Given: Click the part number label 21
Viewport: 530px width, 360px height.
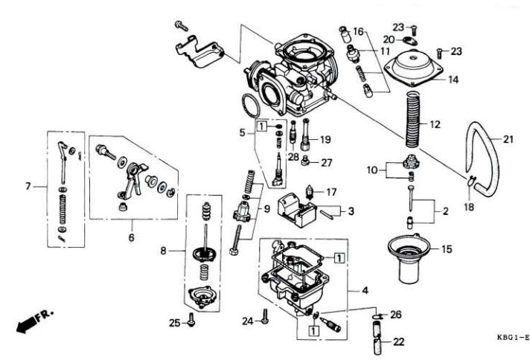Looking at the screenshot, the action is (508, 139).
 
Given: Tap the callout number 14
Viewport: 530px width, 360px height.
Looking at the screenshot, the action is (453, 80).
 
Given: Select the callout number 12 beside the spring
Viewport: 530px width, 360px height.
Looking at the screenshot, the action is (435, 125).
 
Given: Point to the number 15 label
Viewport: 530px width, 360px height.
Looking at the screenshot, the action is (447, 249).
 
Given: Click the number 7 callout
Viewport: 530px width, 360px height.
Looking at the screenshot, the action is (28, 186).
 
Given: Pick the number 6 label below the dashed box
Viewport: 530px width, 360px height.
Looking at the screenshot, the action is (132, 238).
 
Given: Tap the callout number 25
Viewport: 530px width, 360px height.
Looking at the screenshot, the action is (174, 324).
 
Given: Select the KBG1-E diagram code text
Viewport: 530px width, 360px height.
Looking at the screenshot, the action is (513, 337).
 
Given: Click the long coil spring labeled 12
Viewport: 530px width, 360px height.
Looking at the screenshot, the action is (412, 119).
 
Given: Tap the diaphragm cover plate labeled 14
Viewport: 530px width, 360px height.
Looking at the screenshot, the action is (413, 68).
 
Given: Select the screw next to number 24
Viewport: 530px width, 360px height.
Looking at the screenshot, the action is (265, 316).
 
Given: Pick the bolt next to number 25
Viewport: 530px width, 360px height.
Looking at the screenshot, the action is (191, 320).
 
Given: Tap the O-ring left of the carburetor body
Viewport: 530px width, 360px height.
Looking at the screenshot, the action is (251, 106).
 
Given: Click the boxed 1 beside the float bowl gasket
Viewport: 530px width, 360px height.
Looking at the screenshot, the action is (339, 258).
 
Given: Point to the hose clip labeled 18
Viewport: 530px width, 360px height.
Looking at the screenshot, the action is (471, 181).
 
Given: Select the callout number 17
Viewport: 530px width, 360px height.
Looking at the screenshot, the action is (331, 192).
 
